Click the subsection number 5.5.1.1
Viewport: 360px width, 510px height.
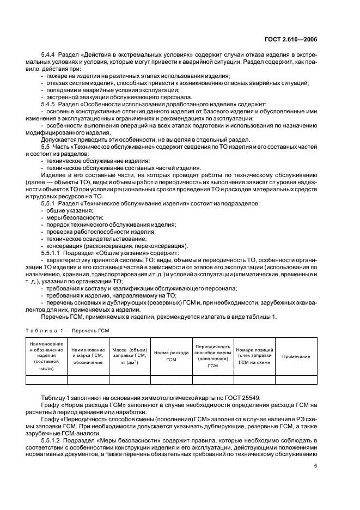click(x=53, y=253)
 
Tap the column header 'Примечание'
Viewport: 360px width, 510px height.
click(x=296, y=356)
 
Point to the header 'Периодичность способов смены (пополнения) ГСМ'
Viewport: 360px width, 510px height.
click(x=212, y=356)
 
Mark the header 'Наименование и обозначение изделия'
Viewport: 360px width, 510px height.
click(x=46, y=356)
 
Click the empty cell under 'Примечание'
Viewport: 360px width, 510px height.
click(x=296, y=380)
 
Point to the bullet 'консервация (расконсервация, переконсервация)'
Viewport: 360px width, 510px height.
click(x=117, y=246)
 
